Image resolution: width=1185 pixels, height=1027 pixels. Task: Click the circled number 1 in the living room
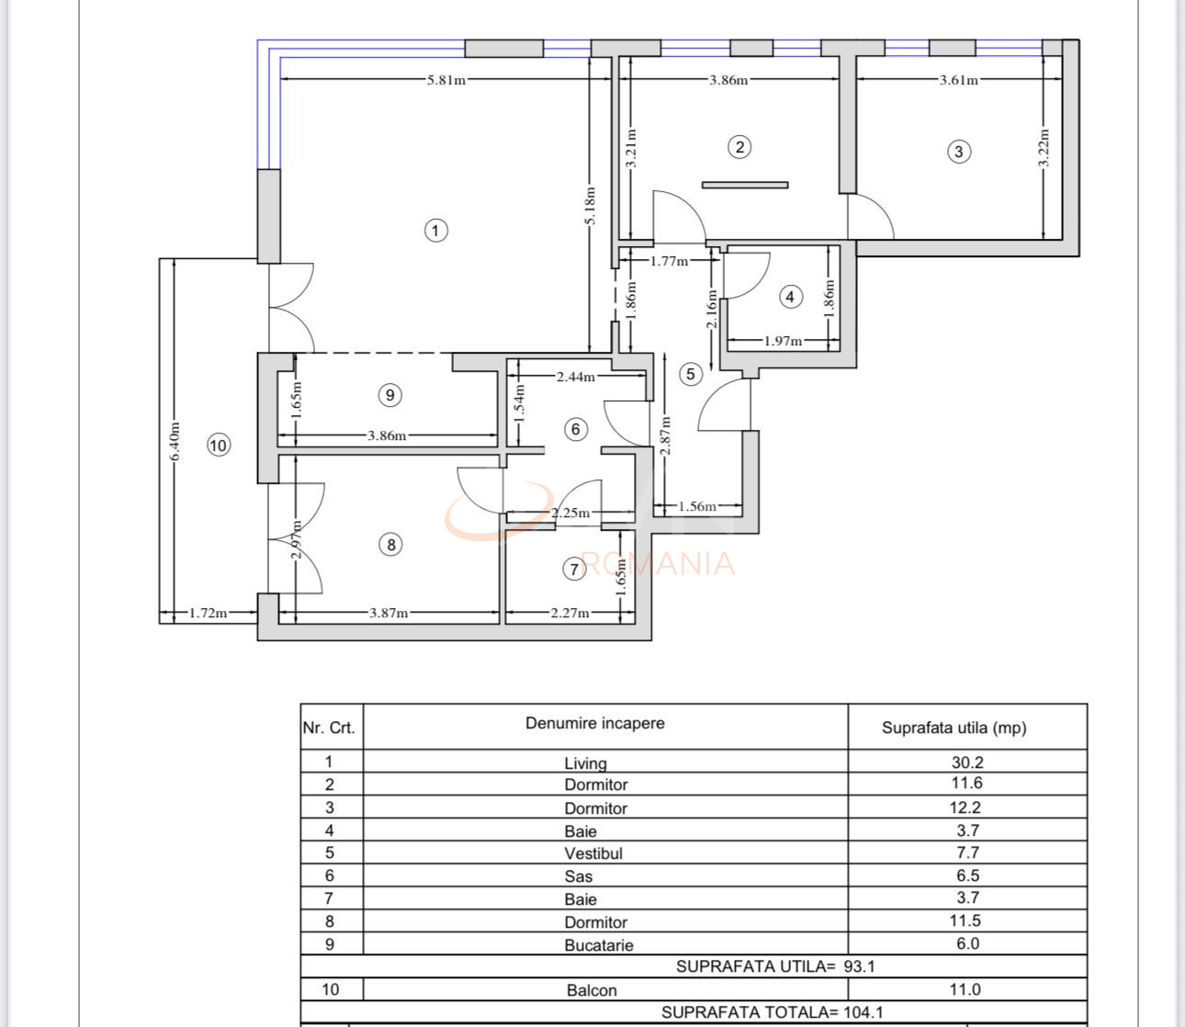[436, 230]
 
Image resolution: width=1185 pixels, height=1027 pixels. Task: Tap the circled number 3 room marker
[958, 152]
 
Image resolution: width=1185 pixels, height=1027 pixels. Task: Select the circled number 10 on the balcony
[218, 446]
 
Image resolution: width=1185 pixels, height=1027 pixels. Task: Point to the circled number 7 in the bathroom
[574, 570]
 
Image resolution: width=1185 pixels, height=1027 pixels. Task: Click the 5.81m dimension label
[446, 80]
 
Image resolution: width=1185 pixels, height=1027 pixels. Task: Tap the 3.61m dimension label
[958, 80]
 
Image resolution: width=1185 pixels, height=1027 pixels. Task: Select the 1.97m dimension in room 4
[783, 341]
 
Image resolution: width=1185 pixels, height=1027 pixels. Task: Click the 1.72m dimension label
[208, 613]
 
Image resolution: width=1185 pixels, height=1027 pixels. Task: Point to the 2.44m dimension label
[575, 376]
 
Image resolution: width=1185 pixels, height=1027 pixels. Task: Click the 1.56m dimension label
[697, 506]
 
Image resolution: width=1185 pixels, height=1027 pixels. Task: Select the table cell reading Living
[585, 762]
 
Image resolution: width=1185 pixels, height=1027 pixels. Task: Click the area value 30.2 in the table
[967, 762]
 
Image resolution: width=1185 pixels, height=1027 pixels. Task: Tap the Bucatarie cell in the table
[598, 945]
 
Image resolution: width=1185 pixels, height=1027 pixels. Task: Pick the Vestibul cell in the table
[593, 853]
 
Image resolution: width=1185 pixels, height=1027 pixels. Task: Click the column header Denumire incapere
[594, 723]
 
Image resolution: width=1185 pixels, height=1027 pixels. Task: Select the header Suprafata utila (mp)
[954, 728]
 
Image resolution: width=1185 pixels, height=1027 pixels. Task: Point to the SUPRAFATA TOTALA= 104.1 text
[772, 1012]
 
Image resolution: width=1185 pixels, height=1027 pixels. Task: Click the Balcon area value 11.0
[967, 989]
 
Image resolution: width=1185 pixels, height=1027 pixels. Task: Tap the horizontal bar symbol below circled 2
[745, 185]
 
